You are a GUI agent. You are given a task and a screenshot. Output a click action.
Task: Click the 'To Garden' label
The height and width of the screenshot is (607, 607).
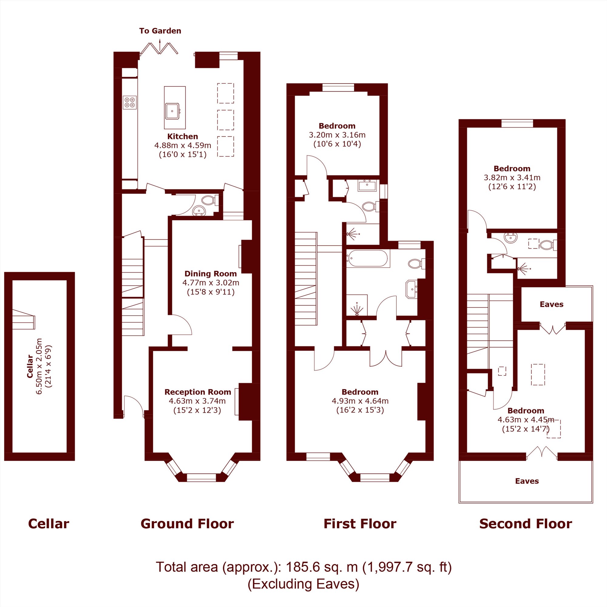[x=160, y=31]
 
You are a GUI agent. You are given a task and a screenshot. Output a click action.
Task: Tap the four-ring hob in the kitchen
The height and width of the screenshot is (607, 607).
[x=130, y=102]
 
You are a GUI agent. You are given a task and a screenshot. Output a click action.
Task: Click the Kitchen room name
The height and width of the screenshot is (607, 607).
[x=182, y=136]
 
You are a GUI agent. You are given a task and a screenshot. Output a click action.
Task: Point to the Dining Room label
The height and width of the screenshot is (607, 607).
[x=211, y=273]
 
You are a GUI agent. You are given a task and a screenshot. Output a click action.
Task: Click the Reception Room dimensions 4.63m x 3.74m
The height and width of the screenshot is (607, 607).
[x=197, y=401]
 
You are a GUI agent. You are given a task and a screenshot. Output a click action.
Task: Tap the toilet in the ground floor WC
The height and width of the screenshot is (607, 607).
[x=209, y=200]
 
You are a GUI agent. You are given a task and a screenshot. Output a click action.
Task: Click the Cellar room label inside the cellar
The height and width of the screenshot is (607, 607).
[x=30, y=366]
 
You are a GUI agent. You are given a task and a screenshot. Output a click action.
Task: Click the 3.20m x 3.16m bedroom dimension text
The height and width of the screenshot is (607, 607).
[x=337, y=135]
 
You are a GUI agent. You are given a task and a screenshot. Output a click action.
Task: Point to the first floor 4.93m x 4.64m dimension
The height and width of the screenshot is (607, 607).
[x=360, y=401]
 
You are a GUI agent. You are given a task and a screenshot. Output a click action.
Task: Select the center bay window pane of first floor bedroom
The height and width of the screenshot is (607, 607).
[x=375, y=477]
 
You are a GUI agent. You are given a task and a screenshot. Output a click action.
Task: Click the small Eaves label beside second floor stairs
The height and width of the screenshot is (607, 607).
[x=552, y=304]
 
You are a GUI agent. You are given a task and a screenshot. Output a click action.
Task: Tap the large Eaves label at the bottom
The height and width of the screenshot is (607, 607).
[x=527, y=481]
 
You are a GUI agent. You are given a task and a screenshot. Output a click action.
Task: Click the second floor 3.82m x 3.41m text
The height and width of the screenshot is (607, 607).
[x=512, y=178]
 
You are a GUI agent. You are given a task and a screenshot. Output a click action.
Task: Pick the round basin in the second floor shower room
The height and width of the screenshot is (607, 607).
[x=510, y=237]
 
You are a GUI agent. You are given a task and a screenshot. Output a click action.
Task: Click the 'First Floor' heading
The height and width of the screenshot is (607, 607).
[x=360, y=524]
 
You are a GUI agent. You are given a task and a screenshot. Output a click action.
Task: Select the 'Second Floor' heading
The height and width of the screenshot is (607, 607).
[x=526, y=524]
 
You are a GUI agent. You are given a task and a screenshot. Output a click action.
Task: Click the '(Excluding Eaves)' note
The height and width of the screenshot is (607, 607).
[x=303, y=584]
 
